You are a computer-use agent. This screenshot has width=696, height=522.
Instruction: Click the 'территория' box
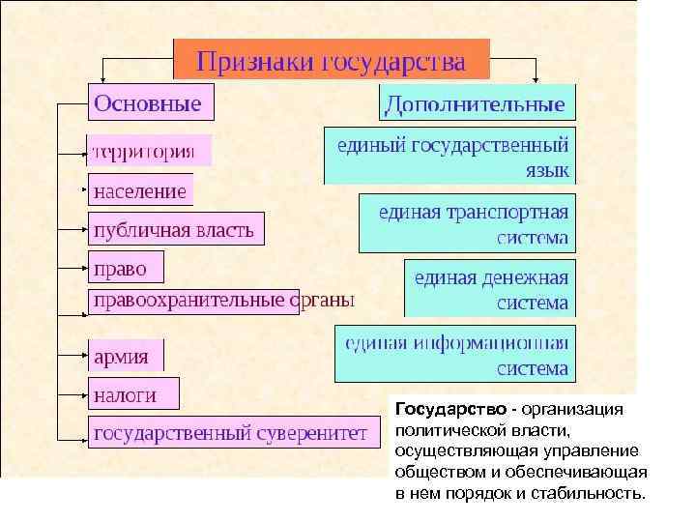pyautogui.click(x=149, y=151)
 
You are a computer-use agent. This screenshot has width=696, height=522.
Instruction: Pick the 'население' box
pyautogui.click(x=140, y=190)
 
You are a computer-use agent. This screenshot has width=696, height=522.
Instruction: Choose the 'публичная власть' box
pyautogui.click(x=175, y=229)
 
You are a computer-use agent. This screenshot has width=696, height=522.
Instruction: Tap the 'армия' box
pyautogui.click(x=126, y=356)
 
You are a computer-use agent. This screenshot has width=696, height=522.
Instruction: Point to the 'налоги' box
pyautogui.click(x=126, y=394)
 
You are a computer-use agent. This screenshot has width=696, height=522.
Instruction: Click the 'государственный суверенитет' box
pyautogui.click(x=229, y=433)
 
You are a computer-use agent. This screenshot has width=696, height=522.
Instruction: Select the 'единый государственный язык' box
pyautogui.click(x=449, y=156)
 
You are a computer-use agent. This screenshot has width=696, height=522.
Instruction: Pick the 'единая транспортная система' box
pyautogui.click(x=467, y=223)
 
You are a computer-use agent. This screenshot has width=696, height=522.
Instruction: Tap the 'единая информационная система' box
pyautogui.click(x=454, y=354)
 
